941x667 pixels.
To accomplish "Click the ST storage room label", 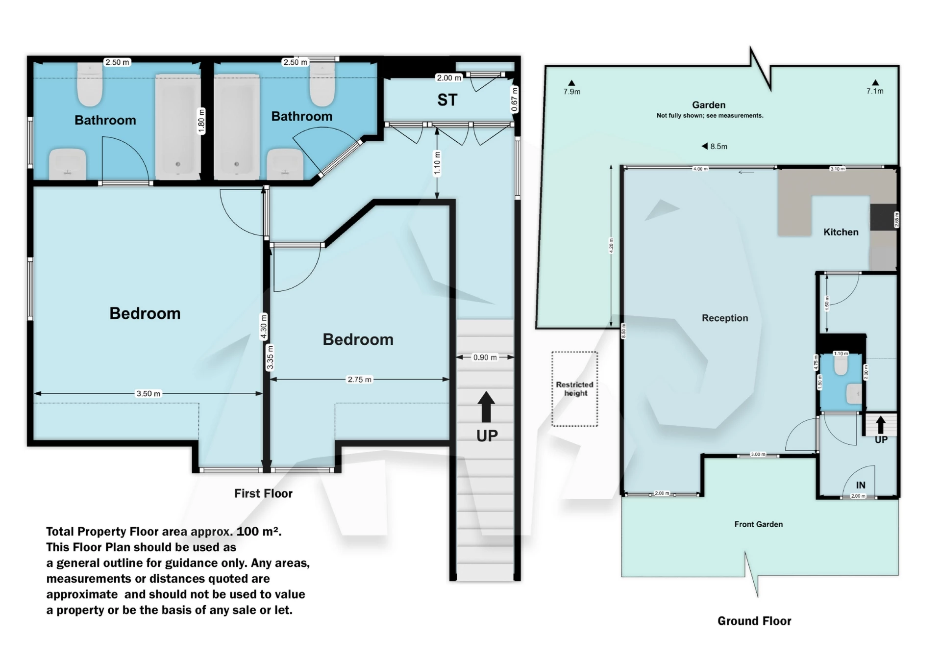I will pyautogui.click(x=447, y=100).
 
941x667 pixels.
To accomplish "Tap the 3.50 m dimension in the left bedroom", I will pyautogui.click(x=148, y=393).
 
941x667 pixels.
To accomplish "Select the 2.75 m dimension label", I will pyautogui.click(x=359, y=379).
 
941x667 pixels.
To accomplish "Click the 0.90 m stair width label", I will pyautogui.click(x=485, y=357).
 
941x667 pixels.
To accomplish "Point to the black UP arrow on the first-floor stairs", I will pyautogui.click(x=486, y=407).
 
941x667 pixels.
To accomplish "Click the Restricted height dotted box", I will pyautogui.click(x=574, y=388).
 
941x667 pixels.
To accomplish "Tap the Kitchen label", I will pyautogui.click(x=841, y=232).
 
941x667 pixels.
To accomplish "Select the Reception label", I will pyautogui.click(x=724, y=318).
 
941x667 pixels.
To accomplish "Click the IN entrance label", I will pyautogui.click(x=860, y=485).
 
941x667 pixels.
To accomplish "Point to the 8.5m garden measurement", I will pyautogui.click(x=718, y=146).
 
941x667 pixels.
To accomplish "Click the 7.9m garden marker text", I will pyautogui.click(x=571, y=92).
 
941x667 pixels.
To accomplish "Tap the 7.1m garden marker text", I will pyautogui.click(x=874, y=91).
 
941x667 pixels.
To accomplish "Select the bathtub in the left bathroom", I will pyautogui.click(x=177, y=127).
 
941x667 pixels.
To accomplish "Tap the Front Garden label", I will pyautogui.click(x=758, y=524).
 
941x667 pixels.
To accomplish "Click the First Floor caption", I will pyautogui.click(x=263, y=493).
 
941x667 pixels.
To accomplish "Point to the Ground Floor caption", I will pyautogui.click(x=754, y=621).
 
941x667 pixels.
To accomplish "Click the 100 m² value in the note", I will pyautogui.click(x=258, y=531).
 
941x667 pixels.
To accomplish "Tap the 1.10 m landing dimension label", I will pyautogui.click(x=437, y=163).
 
